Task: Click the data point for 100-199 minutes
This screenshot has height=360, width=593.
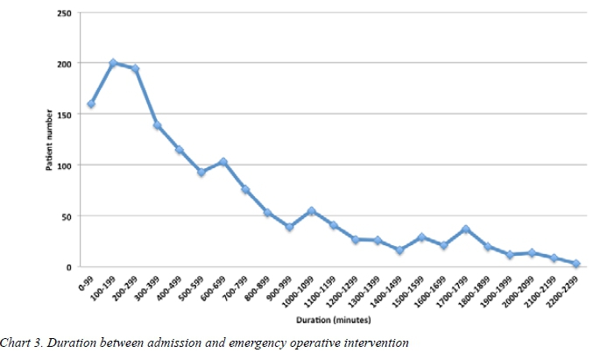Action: pyautogui.click(x=113, y=63)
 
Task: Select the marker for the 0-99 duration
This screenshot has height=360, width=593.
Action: pyautogui.click(x=91, y=104)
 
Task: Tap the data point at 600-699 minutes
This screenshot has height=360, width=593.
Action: pyautogui.click(x=223, y=162)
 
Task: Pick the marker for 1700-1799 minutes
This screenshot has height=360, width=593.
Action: pyautogui.click(x=466, y=229)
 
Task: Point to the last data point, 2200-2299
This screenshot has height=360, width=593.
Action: pyautogui.click(x=575, y=263)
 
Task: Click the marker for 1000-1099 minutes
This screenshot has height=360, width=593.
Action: pyautogui.click(x=313, y=211)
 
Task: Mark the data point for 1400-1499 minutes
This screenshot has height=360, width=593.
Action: pyautogui.click(x=399, y=251)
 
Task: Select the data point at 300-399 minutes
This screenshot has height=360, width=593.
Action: pyautogui.click(x=158, y=125)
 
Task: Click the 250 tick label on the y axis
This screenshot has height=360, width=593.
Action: pyautogui.click(x=65, y=13)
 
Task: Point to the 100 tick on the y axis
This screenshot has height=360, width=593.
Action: pyautogui.click(x=65, y=166)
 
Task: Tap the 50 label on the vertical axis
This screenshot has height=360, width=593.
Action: pyautogui.click(x=67, y=216)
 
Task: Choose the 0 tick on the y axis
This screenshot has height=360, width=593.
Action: pyautogui.click(x=70, y=267)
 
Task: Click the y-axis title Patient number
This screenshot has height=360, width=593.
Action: pyautogui.click(x=49, y=140)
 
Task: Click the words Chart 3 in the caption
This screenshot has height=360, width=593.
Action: pyautogui.click(x=21, y=341)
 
